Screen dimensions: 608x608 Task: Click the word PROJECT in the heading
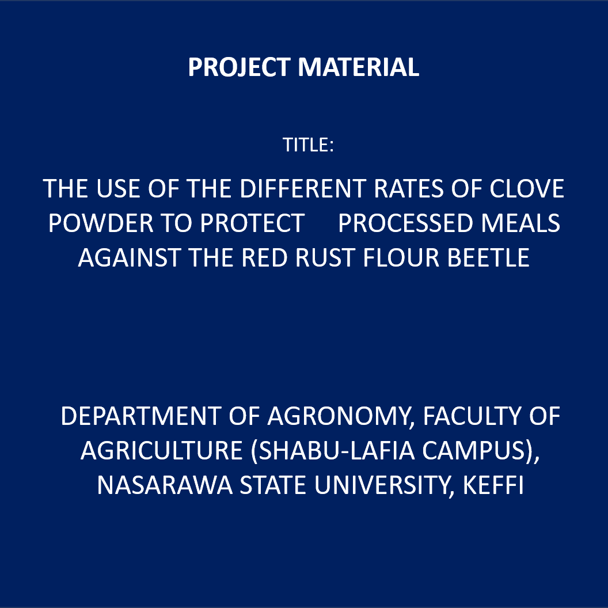pyautogui.click(x=240, y=67)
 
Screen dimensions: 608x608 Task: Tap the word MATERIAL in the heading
pyautogui.click(x=358, y=67)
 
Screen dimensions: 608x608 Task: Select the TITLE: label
pyautogui.click(x=308, y=145)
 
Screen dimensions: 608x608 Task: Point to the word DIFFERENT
pyautogui.click(x=303, y=189)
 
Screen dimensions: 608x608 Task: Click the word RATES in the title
pyautogui.click(x=408, y=189)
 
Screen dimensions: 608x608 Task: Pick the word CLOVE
pyautogui.click(x=527, y=189)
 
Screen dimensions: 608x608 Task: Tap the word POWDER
pyautogui.click(x=101, y=223)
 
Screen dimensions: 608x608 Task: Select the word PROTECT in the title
pyautogui.click(x=252, y=223)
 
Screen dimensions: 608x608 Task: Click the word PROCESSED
pyautogui.click(x=405, y=223)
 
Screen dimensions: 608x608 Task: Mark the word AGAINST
pyautogui.click(x=130, y=258)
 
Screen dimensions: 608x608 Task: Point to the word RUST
pyautogui.click(x=325, y=258)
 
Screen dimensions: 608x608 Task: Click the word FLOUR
pyautogui.click(x=401, y=258)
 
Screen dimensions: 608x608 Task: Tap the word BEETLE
pyautogui.click(x=489, y=258)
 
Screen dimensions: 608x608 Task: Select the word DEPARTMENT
pyautogui.click(x=141, y=416)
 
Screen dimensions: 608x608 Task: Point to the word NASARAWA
pyautogui.click(x=165, y=485)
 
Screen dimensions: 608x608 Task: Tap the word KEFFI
pyautogui.click(x=493, y=485)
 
